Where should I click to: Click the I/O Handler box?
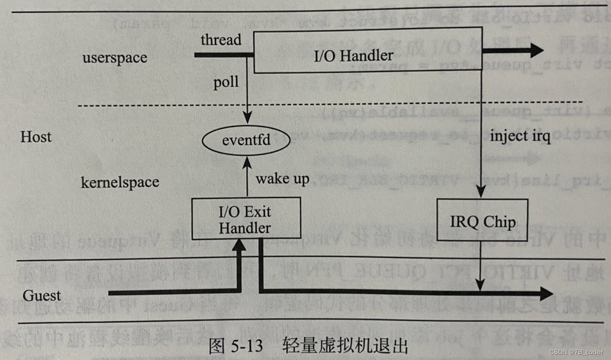368,50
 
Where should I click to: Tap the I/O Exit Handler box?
245,219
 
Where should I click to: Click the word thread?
221,40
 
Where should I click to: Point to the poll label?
226,82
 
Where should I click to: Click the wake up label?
282,179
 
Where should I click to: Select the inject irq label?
520,136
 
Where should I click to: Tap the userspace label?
115,58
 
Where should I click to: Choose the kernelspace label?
120,182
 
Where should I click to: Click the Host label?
36,137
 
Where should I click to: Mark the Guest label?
42,295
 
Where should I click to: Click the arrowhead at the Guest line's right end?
546,293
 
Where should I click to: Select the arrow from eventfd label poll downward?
247,97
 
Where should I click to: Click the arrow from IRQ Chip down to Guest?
480,266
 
